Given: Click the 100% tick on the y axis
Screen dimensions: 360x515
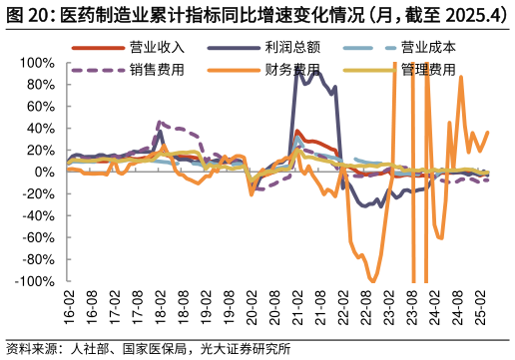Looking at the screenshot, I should tap(38, 63).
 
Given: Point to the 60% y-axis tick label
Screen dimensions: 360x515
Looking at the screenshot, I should tap(41, 107).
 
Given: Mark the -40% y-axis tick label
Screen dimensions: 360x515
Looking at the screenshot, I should tap(39, 216).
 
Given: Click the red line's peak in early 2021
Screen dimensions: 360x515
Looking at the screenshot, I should tap(297, 132).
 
